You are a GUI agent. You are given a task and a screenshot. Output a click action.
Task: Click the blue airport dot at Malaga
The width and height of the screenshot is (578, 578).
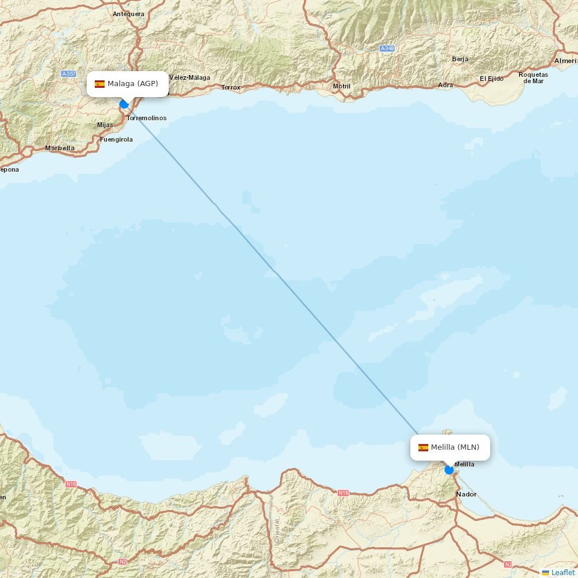pos(124,104)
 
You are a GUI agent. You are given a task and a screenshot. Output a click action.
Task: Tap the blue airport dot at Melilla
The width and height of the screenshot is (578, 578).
pos(449,470)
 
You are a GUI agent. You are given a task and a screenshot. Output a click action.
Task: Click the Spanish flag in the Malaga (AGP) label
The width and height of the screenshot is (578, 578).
pos(99,84)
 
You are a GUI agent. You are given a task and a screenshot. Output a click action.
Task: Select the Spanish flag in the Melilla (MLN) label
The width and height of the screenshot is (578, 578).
pos(423,447)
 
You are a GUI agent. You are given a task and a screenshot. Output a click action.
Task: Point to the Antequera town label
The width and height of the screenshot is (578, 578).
pos(128,14)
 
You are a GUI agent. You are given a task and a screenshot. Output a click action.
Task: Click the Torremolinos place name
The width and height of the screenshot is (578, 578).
pos(146,118)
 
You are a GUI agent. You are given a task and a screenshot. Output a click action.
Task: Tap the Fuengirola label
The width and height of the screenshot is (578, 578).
pos(116,139)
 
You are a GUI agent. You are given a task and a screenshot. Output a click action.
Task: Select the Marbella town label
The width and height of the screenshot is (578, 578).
pos(60,148)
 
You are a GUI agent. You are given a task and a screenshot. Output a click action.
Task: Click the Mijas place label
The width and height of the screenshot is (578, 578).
pos(105,125)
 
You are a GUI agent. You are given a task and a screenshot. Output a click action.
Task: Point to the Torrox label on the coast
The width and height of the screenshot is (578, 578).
pos(231,87)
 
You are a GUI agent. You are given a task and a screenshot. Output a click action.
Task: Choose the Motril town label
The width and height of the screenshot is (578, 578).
pos(342,87)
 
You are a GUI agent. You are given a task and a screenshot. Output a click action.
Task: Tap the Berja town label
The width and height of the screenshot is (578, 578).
pos(461,59)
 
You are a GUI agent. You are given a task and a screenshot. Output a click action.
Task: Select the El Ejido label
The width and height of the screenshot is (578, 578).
pos(491,79)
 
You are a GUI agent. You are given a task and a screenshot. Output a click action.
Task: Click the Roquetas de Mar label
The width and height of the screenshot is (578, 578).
pos(533,77)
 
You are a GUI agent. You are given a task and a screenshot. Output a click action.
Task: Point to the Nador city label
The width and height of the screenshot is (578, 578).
pos(466,494)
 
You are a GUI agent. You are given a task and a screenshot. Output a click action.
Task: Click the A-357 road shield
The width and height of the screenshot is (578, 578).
pos(69,74)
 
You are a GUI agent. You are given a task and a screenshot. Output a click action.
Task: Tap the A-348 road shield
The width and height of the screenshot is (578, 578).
pos(387,49)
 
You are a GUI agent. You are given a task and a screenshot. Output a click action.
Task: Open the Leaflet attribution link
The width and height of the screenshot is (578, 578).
pos(562,572)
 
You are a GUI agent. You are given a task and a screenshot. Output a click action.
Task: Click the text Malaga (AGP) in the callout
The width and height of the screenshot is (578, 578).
pos(132,84)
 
